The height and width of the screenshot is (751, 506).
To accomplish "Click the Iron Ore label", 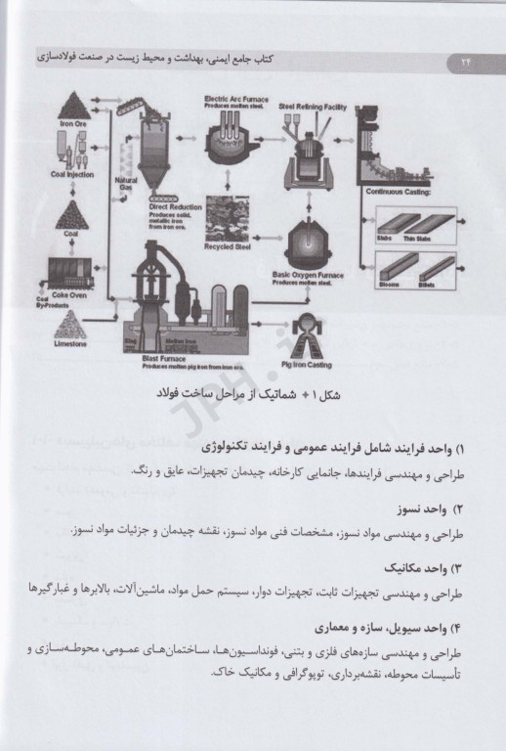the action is pos(74,124).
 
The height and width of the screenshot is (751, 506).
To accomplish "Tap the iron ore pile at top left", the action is pos(74,105).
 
